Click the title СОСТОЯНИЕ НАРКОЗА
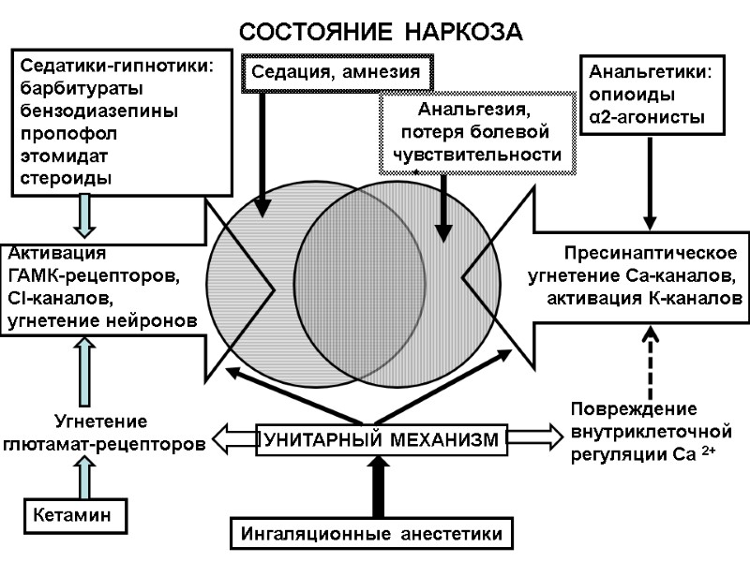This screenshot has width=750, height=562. pyautogui.click(x=380, y=31)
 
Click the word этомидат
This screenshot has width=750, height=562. pyautogui.click(x=66, y=155)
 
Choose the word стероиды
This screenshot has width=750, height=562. pyautogui.click(x=65, y=177)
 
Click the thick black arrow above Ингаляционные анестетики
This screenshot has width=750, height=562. pyautogui.click(x=377, y=485)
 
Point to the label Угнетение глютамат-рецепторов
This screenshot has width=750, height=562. pyautogui.click(x=105, y=431)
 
